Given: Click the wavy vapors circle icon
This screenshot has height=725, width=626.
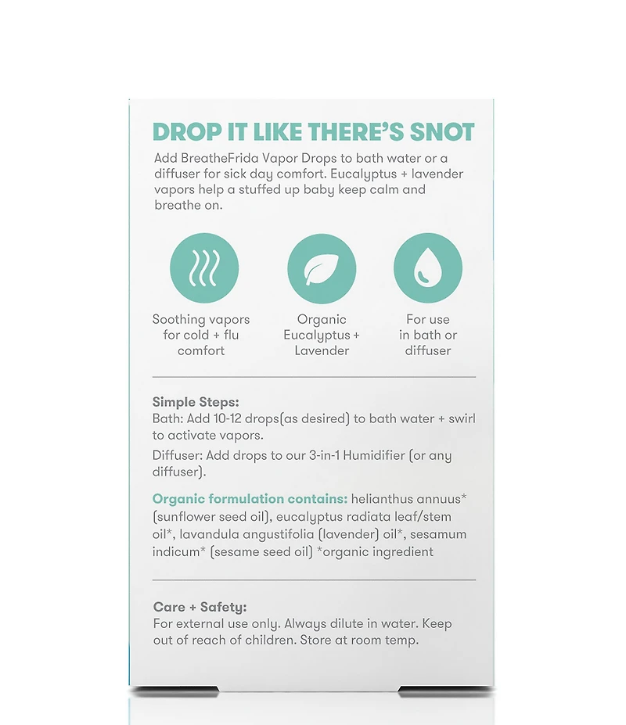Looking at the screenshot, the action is point(204,268).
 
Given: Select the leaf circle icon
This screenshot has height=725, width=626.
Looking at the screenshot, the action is point(322,268).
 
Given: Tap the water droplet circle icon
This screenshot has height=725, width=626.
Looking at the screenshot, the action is point(428,268).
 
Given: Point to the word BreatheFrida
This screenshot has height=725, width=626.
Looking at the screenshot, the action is point(220,159).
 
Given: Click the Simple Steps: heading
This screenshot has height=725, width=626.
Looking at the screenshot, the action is point(196,402).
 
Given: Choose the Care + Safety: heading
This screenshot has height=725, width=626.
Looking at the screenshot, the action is point(200,607).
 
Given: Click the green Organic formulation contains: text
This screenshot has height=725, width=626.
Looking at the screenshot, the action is point(250,499).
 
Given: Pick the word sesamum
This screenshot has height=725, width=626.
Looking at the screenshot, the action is point(438,534).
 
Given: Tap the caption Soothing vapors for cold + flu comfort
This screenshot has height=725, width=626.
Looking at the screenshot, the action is point(201,336).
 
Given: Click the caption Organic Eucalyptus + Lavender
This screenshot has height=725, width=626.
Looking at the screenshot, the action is point(322,336).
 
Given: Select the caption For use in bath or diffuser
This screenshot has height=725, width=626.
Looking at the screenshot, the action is point(428,336).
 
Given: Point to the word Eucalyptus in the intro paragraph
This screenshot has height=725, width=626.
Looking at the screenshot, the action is point(364,174).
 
